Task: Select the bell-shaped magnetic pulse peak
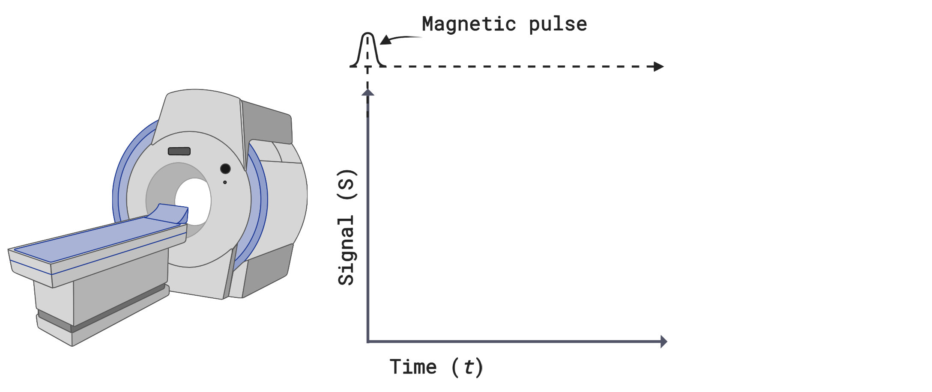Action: (367, 49)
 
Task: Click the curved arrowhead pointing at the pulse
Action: (385, 40)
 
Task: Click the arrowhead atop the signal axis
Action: (367, 92)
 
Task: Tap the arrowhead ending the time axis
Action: (664, 342)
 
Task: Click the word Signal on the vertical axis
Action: (346, 250)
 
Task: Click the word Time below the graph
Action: (413, 367)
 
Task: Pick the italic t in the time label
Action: (469, 367)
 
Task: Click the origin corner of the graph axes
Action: (368, 342)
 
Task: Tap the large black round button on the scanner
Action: (225, 169)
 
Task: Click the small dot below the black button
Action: (225, 182)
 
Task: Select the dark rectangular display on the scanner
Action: (179, 151)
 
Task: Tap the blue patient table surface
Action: (94, 240)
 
